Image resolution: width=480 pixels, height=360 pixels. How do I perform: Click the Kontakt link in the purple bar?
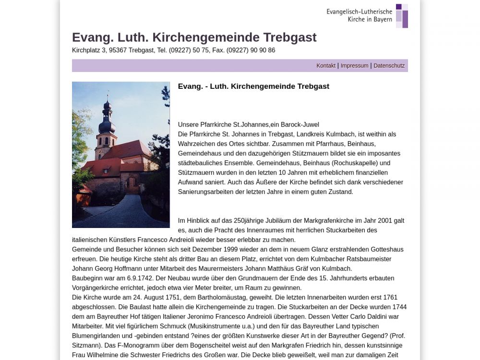click(326, 66)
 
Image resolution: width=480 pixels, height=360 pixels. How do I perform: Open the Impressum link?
click(354, 66)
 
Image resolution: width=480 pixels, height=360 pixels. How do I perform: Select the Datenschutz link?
click(389, 66)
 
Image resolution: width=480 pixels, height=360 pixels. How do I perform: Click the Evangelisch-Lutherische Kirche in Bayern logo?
click(367, 16)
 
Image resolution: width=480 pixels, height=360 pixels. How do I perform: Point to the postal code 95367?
click(118, 50)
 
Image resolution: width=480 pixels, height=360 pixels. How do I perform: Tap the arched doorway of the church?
click(131, 183)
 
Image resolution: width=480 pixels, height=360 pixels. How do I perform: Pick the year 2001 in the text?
click(384, 221)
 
